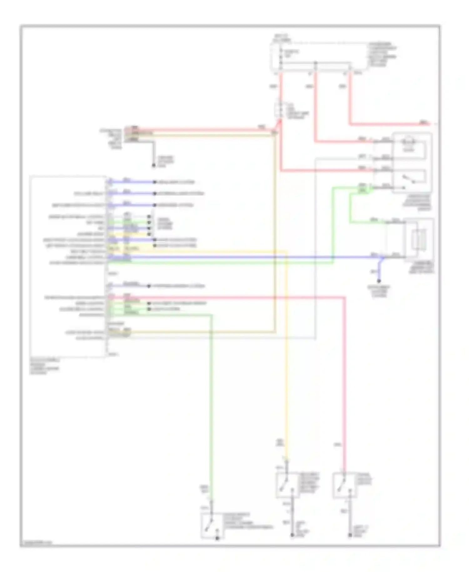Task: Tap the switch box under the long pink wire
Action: [344, 485]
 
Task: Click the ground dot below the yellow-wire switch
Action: [292, 535]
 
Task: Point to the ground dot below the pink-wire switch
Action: [350, 535]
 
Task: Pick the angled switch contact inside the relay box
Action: [408, 179]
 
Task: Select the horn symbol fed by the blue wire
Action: [419, 240]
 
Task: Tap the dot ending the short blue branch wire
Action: [379, 281]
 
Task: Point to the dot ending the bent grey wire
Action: [154, 165]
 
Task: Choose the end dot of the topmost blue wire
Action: [154, 182]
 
